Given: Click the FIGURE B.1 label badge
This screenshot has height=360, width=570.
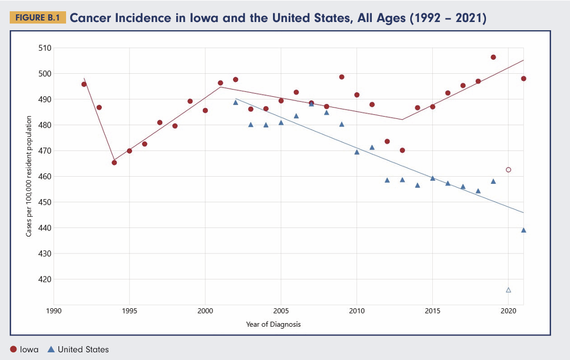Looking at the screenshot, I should coord(37,18).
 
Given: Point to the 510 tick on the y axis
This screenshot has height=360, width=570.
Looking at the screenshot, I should coord(45,48).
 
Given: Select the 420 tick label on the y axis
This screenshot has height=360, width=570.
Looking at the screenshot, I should coord(45,279).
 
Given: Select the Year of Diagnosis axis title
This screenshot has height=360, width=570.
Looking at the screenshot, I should coord(273,324).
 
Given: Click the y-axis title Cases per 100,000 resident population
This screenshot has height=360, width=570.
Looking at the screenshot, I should coord(29,177).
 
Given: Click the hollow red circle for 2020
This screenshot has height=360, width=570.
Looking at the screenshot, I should coord(509,170).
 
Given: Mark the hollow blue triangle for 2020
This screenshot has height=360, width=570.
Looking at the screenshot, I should coord(509,290).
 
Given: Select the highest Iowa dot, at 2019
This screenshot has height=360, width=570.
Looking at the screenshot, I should coord(493,57).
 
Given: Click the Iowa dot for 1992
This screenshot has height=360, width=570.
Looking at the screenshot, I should coord(84,84).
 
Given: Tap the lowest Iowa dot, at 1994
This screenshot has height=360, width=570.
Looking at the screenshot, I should coord(114,162).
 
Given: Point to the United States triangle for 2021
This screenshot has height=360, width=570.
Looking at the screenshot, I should coord(523,230).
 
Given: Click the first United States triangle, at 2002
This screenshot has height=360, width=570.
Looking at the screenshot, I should coord(236,102).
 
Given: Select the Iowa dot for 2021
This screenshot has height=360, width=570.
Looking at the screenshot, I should coord(523,78).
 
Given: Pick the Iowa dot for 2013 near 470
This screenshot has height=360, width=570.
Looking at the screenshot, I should coord(402,150).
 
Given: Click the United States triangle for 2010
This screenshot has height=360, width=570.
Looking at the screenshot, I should coord(357,152).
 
